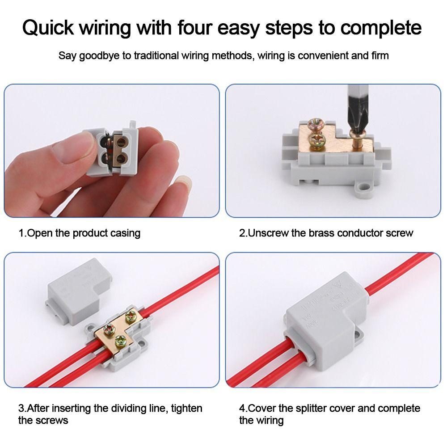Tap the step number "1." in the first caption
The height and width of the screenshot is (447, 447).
tap(23, 233)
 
